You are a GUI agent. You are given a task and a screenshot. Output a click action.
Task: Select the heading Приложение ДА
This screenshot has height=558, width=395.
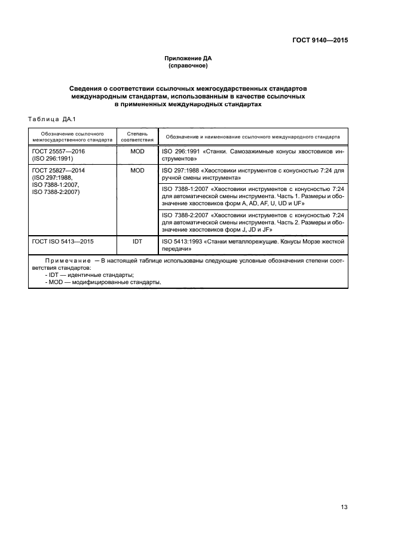pos(188,58)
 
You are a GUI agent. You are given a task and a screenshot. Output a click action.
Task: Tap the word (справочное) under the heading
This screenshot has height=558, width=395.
pos(188,66)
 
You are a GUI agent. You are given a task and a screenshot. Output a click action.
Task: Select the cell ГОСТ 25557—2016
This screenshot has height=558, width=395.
pos(59,152)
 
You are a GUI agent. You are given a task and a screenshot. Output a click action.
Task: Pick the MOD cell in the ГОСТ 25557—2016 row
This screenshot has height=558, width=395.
pos(137,152)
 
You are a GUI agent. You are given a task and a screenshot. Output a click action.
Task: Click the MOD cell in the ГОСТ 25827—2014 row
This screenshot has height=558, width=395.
pos(137,170)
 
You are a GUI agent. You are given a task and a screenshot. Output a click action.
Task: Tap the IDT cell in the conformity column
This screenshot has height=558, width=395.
pos(137,242)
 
